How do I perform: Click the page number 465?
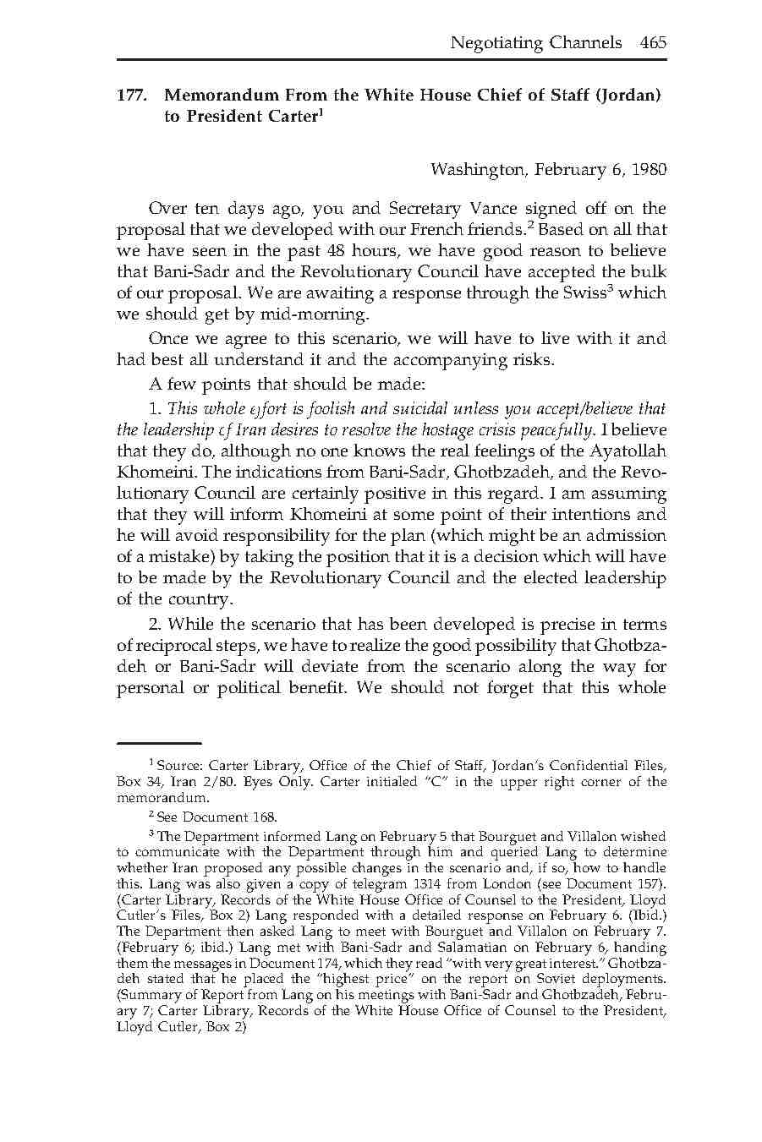tap(653, 42)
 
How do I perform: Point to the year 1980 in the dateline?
tap(649, 169)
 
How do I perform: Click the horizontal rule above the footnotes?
tap(159, 742)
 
